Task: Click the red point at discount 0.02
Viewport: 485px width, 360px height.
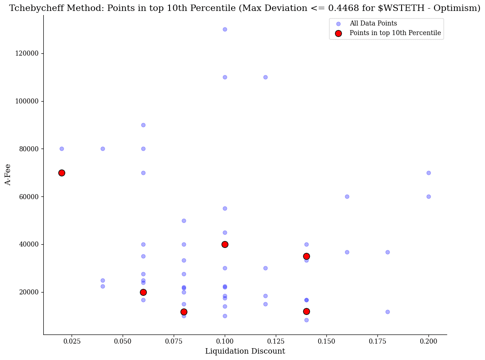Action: click(x=62, y=173)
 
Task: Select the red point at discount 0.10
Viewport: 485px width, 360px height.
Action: click(x=225, y=244)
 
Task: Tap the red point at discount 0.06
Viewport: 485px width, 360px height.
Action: click(x=143, y=292)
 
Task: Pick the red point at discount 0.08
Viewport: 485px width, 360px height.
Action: click(x=184, y=312)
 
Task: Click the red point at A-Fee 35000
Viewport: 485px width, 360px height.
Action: click(x=306, y=256)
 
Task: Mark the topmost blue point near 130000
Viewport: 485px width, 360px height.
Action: click(x=225, y=29)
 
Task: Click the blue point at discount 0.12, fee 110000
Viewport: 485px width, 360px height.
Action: click(x=265, y=77)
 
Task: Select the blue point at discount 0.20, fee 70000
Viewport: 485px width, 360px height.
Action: click(x=428, y=173)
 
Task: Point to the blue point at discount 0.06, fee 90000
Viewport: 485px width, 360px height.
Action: click(x=143, y=125)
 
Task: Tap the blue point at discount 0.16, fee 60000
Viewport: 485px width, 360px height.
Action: click(x=347, y=196)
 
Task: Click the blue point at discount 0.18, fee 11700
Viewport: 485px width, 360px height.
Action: click(x=387, y=312)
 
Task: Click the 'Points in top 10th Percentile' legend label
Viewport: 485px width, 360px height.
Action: click(x=395, y=33)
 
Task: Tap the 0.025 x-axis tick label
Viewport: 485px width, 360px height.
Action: click(x=71, y=341)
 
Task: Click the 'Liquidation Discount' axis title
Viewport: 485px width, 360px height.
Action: click(x=245, y=351)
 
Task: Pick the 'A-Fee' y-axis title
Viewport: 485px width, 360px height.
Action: click(x=8, y=175)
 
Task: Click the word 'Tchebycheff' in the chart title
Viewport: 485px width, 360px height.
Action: click(x=35, y=8)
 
